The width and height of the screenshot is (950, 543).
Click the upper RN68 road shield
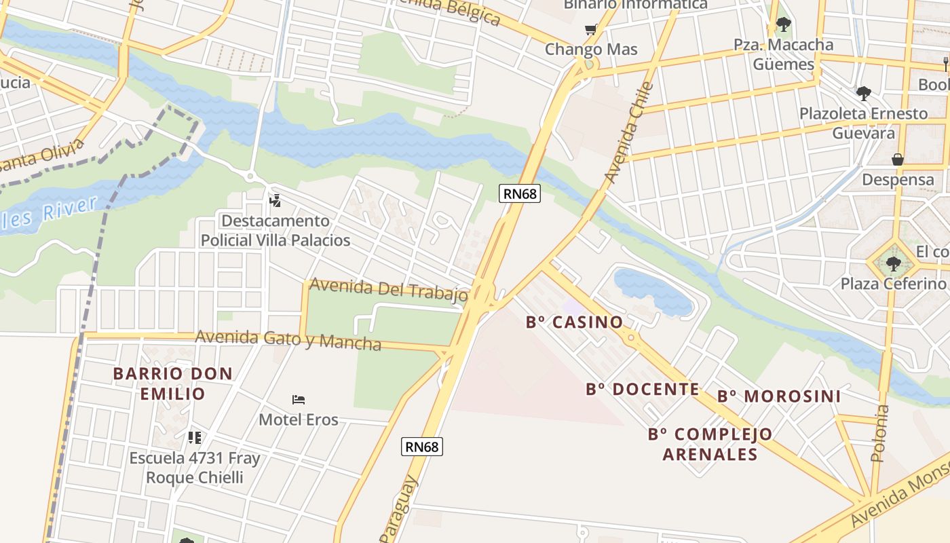pyautogui.click(x=520, y=193)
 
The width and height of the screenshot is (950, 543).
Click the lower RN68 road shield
pyautogui.click(x=422, y=446)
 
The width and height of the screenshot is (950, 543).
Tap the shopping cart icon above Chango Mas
pyautogui.click(x=591, y=29)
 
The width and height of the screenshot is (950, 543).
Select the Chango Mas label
pyautogui.click(x=591, y=50)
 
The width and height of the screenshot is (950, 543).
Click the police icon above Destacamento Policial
pyautogui.click(x=275, y=200)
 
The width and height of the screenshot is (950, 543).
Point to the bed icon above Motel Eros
pyautogui.click(x=299, y=400)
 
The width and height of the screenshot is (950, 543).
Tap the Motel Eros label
pyautogui.click(x=299, y=419)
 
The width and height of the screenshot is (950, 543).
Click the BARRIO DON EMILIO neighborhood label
pyautogui.click(x=173, y=383)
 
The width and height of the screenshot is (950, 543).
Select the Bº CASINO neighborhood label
pyautogui.click(x=574, y=322)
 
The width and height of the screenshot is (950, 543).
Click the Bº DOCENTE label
pyautogui.click(x=642, y=389)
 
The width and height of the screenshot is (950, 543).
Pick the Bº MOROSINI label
pyautogui.click(x=779, y=396)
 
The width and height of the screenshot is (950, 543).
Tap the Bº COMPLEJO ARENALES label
pyautogui.click(x=710, y=444)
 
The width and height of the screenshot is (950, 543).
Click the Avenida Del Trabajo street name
pyautogui.click(x=388, y=290)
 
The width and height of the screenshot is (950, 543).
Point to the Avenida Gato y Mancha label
pyautogui.click(x=288, y=339)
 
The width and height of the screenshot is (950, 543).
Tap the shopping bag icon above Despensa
pyautogui.click(x=897, y=160)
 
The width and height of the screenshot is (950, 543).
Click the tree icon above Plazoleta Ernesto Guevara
pyautogui.click(x=863, y=93)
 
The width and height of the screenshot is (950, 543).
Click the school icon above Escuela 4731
pyautogui.click(x=195, y=438)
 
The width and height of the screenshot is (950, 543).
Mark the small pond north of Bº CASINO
pyautogui.click(x=651, y=290)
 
